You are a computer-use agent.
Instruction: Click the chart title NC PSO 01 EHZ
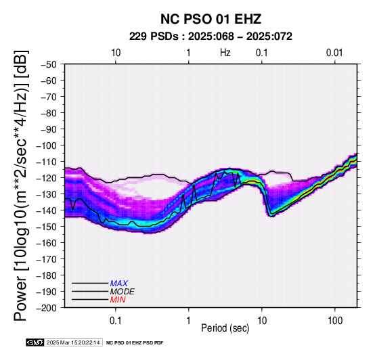(211, 19)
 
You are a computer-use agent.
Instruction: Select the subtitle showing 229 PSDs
(211, 37)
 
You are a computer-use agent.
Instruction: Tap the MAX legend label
(119, 284)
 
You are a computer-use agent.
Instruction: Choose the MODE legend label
(123, 292)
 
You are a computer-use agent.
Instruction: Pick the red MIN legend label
(118, 300)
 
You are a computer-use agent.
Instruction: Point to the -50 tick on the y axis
(49, 64)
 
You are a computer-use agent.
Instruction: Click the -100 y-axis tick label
(46, 145)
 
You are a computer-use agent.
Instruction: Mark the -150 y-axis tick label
(46, 227)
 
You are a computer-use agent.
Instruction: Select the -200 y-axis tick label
(46, 308)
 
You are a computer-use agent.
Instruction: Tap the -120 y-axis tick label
(46, 178)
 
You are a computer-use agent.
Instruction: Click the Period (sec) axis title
(225, 328)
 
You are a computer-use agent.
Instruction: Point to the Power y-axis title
(21, 185)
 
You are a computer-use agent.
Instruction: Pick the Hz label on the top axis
(225, 53)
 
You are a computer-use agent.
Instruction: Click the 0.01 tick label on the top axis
(334, 53)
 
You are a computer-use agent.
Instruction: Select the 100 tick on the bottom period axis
(335, 321)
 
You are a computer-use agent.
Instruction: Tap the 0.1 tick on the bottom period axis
(116, 321)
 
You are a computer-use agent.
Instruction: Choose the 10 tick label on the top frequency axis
(116, 53)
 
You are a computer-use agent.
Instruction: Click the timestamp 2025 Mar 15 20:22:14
(73, 342)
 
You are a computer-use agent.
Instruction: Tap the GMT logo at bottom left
(35, 342)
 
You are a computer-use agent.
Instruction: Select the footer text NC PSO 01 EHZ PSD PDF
(135, 343)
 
